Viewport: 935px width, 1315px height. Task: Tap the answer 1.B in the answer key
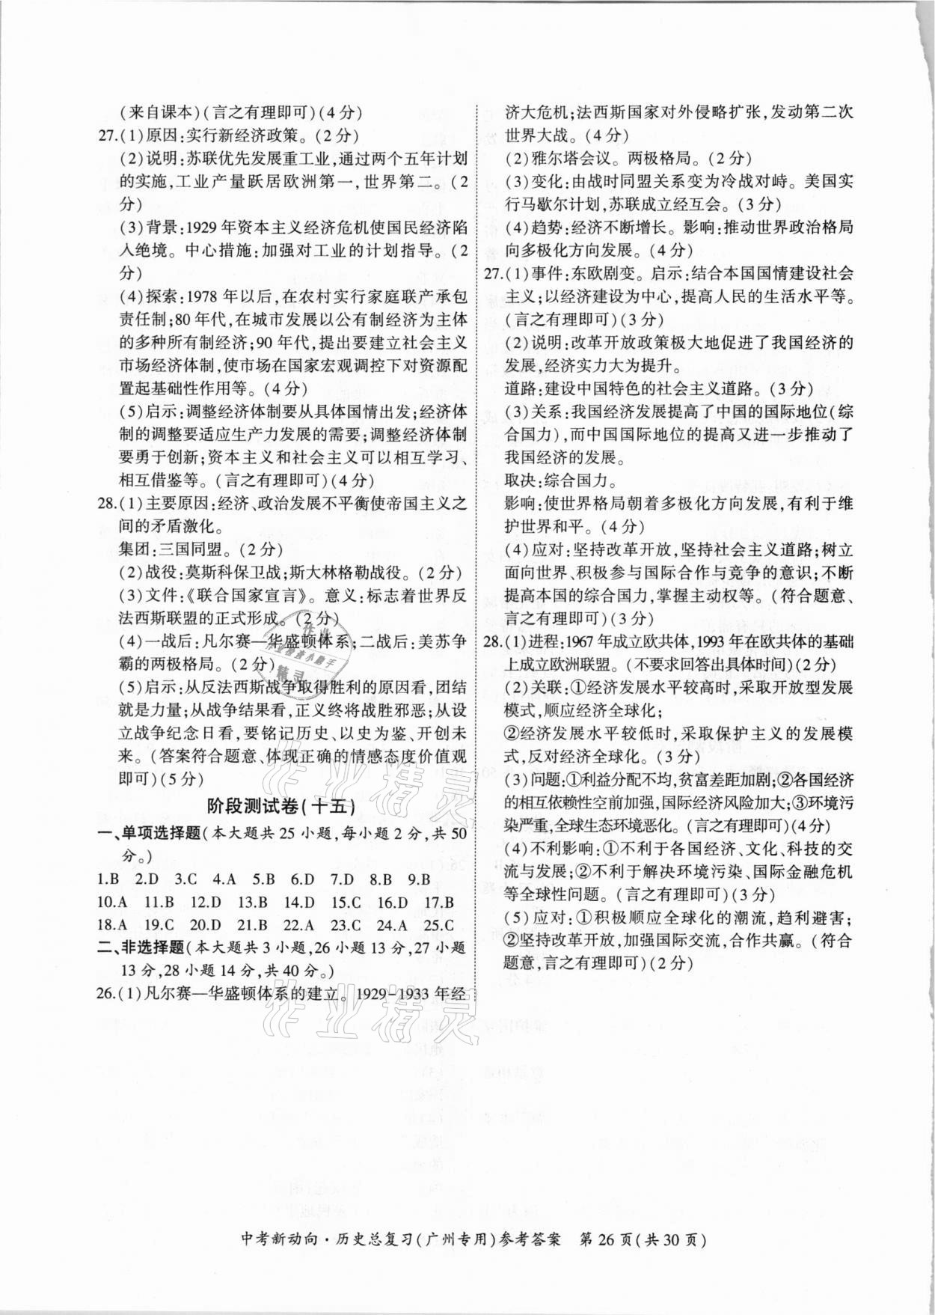click(108, 880)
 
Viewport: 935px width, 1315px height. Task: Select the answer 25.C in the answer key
click(438, 925)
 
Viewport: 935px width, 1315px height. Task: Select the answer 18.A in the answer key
click(111, 925)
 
